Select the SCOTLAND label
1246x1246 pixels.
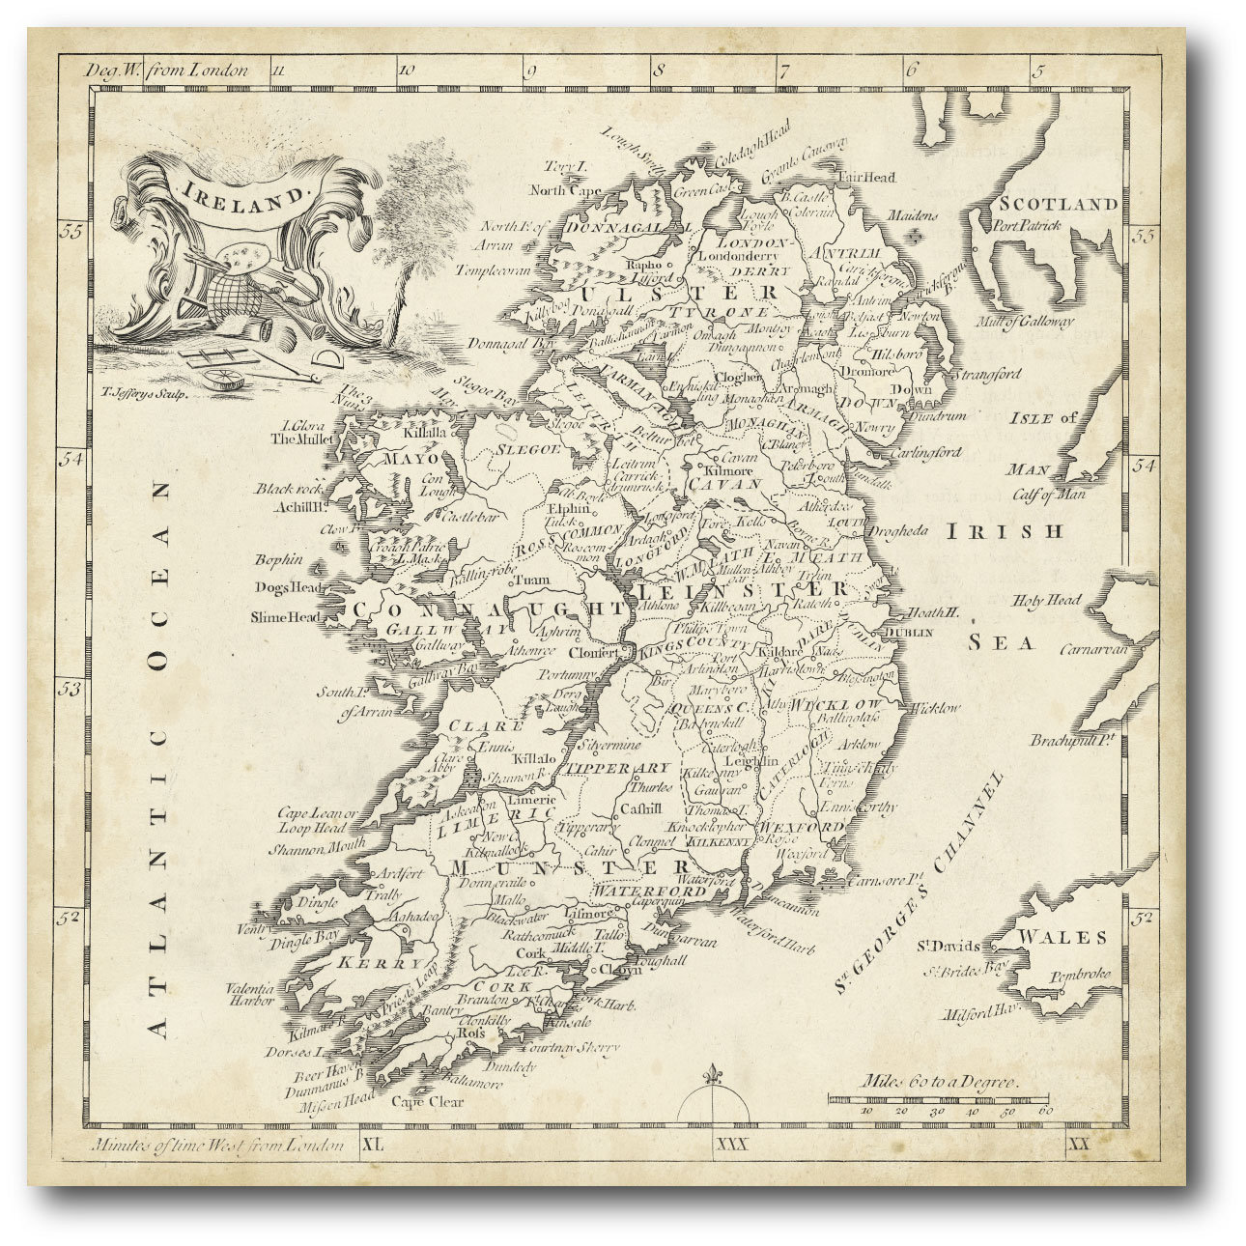pyautogui.click(x=1058, y=205)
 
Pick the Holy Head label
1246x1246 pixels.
pyautogui.click(x=1045, y=601)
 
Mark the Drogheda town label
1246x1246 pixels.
pyautogui.click(x=899, y=530)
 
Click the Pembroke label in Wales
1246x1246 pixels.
pyautogui.click(x=1082, y=976)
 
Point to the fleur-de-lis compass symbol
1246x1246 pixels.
pyautogui.click(x=715, y=1077)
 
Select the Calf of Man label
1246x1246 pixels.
pyautogui.click(x=1048, y=495)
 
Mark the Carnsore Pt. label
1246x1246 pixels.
pyautogui.click(x=880, y=881)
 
